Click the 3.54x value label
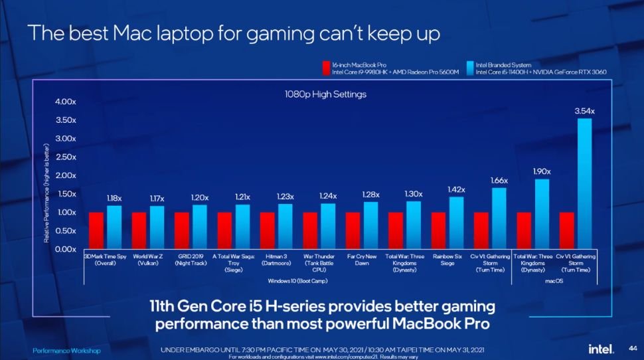click(584, 111)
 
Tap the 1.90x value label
click(542, 171)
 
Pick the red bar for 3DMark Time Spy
click(96, 230)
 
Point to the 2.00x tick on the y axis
click(66, 175)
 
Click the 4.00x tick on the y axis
click(66, 102)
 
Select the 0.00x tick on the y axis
click(66, 249)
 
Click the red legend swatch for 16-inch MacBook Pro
click(326, 68)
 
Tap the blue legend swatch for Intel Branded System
click(469, 68)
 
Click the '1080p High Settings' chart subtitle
click(321, 94)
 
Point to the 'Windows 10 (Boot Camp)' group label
click(298, 282)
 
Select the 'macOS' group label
click(554, 282)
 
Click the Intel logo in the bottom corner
click(600, 349)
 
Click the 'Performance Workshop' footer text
click(67, 350)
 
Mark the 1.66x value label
click(499, 180)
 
